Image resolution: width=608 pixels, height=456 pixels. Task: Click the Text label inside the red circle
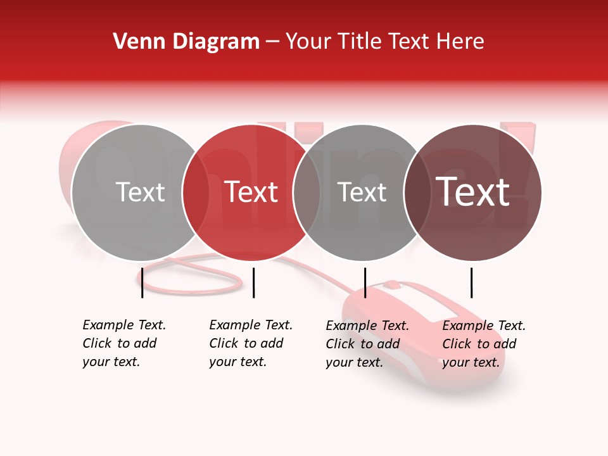click(x=251, y=192)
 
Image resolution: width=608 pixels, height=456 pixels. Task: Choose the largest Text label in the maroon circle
click(x=473, y=192)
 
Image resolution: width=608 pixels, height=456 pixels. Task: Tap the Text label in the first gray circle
click(x=140, y=192)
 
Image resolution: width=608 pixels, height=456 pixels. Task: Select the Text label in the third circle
click(x=362, y=192)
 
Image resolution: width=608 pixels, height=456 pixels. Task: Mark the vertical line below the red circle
click(x=253, y=282)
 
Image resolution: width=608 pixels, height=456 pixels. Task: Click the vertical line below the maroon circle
click(x=471, y=282)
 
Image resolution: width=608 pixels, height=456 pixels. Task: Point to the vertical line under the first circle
click(x=142, y=282)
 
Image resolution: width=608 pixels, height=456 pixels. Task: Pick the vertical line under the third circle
click(x=365, y=282)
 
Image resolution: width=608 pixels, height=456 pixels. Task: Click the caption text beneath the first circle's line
click(x=124, y=343)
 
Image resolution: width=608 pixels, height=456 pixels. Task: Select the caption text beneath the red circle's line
click(x=251, y=343)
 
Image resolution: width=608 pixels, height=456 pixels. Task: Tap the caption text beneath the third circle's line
click(x=367, y=344)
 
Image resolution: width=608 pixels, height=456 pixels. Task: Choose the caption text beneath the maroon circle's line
click(x=484, y=344)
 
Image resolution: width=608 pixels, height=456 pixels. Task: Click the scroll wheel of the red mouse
click(x=392, y=284)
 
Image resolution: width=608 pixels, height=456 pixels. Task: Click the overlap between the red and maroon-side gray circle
click(x=307, y=192)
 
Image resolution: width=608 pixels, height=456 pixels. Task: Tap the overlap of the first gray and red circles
click(x=196, y=192)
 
